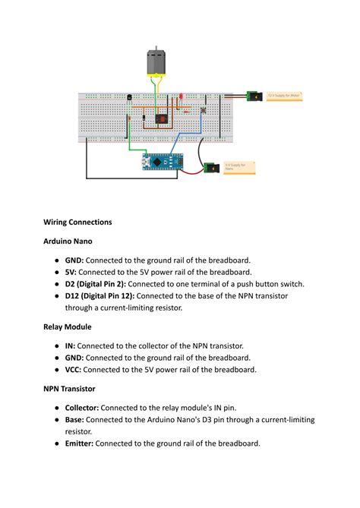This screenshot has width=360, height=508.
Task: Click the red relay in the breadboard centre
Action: pyautogui.click(x=161, y=118)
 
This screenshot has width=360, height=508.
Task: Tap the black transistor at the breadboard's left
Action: pyautogui.click(x=130, y=97)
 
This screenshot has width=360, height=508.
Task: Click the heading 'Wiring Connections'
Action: pyautogui.click(x=77, y=222)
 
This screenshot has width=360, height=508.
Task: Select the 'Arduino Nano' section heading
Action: pyautogui.click(x=68, y=241)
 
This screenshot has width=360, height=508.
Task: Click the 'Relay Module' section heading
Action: pyautogui.click(x=67, y=327)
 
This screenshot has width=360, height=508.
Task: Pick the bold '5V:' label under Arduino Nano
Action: pyautogui.click(x=71, y=271)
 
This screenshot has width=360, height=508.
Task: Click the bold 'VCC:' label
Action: pyautogui.click(x=73, y=370)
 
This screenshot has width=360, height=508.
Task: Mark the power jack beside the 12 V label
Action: pyautogui.click(x=254, y=96)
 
